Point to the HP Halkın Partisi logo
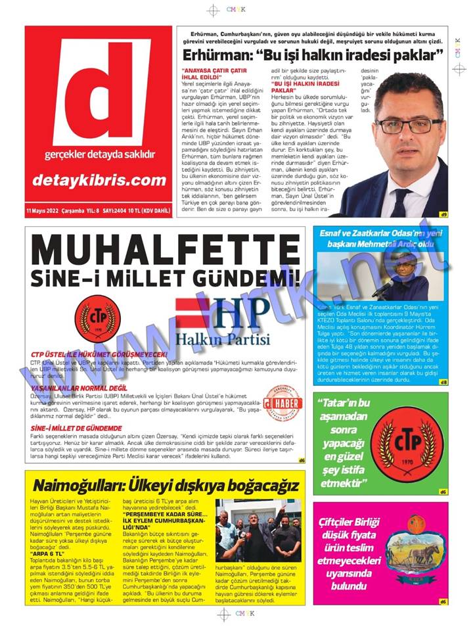click(223, 322)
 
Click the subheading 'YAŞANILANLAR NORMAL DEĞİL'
click(79, 388)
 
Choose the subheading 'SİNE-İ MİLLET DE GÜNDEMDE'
click(75, 428)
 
